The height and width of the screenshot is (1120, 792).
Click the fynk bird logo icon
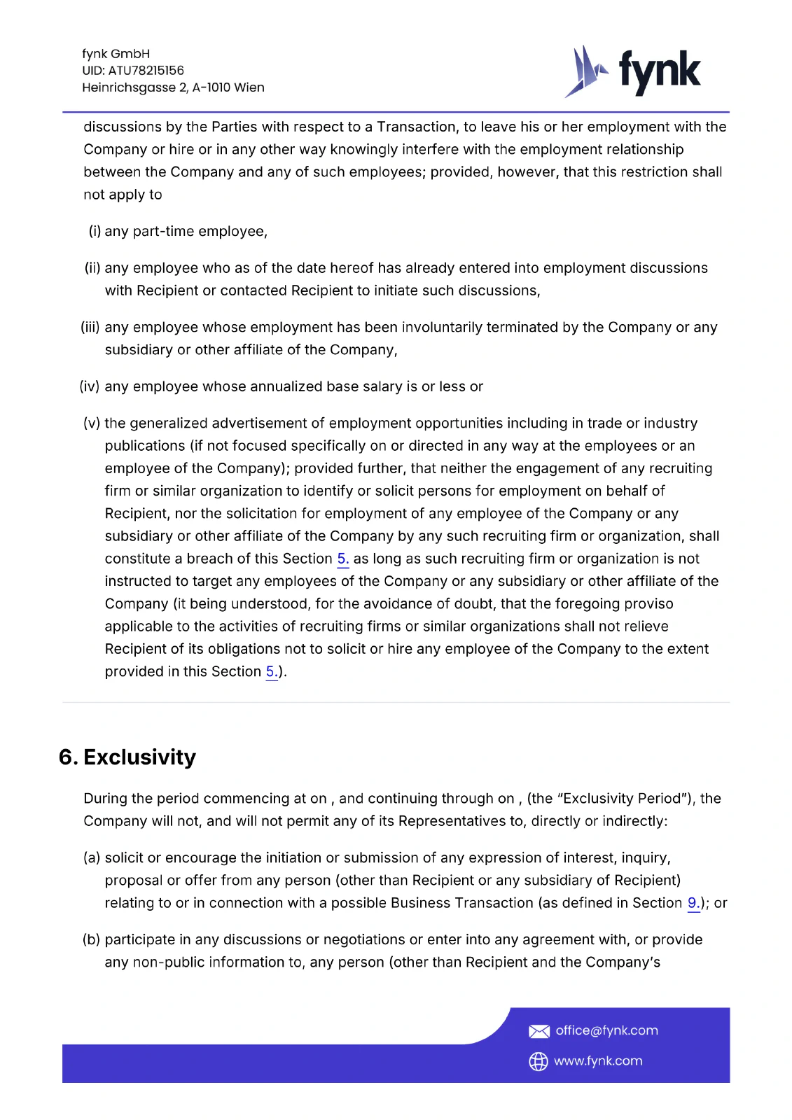point(585,71)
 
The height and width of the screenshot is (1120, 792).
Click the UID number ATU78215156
point(146,71)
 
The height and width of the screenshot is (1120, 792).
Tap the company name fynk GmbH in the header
point(116,54)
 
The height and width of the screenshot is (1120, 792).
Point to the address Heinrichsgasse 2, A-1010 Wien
point(173,87)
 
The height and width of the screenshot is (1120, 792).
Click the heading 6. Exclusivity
point(127,757)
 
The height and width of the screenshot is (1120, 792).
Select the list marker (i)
point(95,232)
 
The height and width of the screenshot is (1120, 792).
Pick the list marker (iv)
point(90,386)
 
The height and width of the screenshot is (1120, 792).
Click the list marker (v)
point(92,423)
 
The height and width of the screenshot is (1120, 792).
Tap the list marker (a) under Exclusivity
point(92,858)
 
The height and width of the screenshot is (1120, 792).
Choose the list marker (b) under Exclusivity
point(92,940)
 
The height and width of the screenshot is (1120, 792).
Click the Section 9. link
point(693,903)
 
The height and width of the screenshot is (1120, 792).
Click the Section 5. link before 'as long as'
point(342,559)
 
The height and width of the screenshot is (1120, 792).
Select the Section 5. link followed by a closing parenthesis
point(271,672)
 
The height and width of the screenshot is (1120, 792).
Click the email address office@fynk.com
point(606,1030)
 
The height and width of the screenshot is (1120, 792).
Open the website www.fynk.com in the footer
point(598,1061)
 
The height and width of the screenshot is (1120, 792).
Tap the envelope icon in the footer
point(539,1031)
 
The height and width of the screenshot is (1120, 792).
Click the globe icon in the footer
point(538,1062)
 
